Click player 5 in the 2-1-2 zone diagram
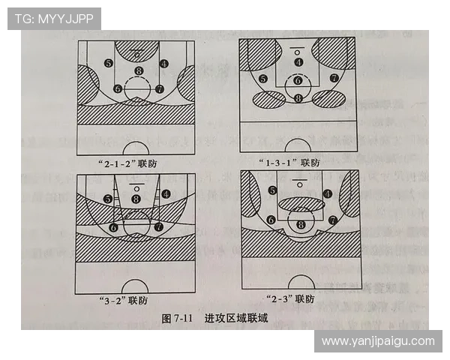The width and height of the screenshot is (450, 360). point(109,64)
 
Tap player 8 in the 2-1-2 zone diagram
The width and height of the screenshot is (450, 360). point(138,71)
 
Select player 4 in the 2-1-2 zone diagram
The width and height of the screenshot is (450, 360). point(165,64)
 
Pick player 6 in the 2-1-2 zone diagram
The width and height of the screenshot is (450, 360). point(118,88)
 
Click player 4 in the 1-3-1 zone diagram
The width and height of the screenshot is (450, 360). point(298,62)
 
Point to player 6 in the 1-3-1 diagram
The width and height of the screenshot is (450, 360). point(298,80)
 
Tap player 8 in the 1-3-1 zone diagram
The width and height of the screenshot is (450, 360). point(298,98)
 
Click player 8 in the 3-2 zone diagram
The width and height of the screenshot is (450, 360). point(136,199)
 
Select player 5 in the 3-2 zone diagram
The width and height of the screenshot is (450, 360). point(109,199)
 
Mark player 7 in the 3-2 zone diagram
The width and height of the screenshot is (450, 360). point(159,226)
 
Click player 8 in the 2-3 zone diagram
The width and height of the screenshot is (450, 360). point(301,223)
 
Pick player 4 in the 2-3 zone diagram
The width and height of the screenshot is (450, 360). point(327,193)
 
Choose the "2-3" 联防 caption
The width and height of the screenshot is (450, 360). point(289,300)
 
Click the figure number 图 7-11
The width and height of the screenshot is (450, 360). point(179,318)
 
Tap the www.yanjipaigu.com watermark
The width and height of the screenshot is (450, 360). point(378,340)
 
